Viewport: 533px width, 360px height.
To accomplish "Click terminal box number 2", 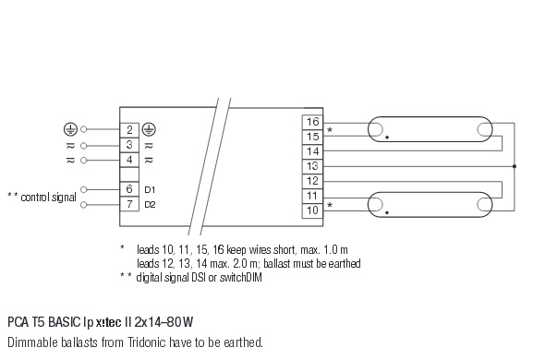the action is (x=129, y=130).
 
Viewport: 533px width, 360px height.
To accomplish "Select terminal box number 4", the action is (x=129, y=160).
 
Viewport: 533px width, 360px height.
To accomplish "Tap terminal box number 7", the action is (x=129, y=204).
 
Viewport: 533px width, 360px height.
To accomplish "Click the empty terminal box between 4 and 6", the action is (x=129, y=174).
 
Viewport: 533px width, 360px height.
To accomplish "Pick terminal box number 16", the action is (x=312, y=122).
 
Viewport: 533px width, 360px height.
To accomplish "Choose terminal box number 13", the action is (x=312, y=166).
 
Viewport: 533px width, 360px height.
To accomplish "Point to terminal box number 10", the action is (x=312, y=210).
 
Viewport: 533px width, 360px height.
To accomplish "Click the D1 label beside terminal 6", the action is (x=150, y=190).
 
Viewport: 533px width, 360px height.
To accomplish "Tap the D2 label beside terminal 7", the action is (x=150, y=205).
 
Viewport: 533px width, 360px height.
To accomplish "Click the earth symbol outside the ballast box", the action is (x=70, y=129).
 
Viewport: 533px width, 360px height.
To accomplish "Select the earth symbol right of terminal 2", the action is (x=149, y=129).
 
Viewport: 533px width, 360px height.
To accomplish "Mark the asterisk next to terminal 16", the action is (x=330, y=130).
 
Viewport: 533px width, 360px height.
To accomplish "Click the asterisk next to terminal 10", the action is (x=330, y=205).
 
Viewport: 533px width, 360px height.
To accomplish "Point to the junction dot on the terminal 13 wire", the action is (x=515, y=166).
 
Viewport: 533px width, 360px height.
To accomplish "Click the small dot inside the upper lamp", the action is (x=387, y=138).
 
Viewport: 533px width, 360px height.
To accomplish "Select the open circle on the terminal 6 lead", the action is (x=84, y=189).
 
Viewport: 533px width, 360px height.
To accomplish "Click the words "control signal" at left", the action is (x=48, y=198).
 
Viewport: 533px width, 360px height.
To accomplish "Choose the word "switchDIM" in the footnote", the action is (x=241, y=278).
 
